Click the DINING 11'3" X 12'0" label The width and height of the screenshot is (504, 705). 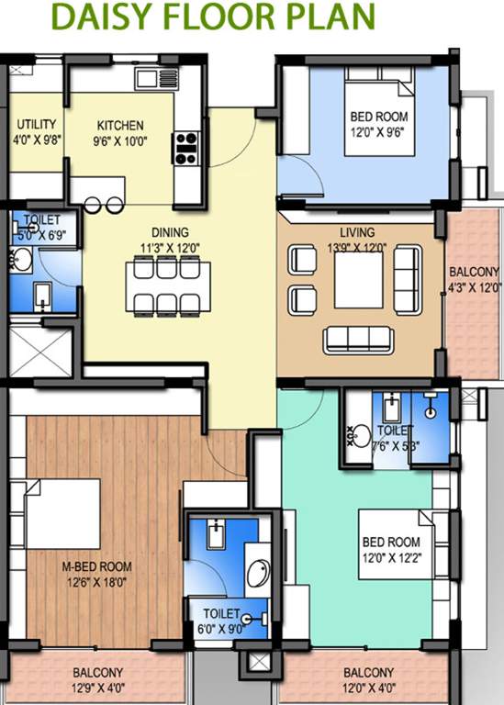coord(171,241)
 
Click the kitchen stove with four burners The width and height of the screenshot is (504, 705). coord(187,148)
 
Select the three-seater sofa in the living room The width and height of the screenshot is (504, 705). coord(357,340)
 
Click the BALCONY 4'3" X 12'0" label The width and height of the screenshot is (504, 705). coord(474,279)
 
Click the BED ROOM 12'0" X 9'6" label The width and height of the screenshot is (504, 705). coord(378,124)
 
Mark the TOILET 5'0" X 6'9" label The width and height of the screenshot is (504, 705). coord(41,228)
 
